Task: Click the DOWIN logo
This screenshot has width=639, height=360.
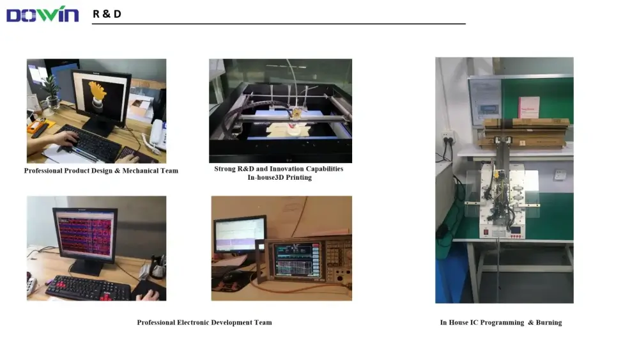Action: coord(42,14)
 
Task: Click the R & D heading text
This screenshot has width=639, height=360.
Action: coord(107,14)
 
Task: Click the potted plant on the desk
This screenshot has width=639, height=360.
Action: coord(51,92)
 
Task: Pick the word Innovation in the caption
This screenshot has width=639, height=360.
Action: coord(286,169)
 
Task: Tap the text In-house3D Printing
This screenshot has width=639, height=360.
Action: coord(280,177)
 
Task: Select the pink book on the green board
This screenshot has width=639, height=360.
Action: coord(528,107)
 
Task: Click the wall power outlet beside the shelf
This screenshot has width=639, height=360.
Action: coord(448,137)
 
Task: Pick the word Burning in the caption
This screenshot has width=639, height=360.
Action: coord(548,322)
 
